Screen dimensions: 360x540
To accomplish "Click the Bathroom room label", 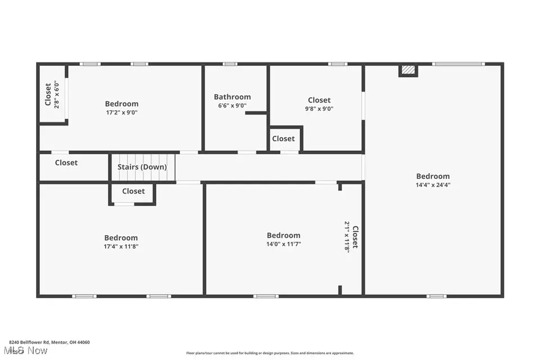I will (232, 97).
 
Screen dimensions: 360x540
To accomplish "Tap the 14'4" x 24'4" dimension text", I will (433, 184).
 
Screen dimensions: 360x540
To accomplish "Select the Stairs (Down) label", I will (142, 167).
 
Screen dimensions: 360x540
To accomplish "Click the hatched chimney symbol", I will (409, 70).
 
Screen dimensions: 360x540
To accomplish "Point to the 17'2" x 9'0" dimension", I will (121, 112).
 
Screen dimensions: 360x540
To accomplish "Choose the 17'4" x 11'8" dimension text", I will (121, 246).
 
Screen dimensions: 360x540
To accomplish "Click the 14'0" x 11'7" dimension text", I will (283, 244).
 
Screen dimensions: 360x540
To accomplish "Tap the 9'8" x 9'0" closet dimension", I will (319, 109).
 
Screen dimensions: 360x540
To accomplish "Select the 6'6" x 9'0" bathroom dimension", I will (232, 106).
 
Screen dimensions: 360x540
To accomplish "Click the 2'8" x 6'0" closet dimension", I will (57, 95).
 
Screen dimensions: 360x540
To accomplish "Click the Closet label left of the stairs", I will (66, 163).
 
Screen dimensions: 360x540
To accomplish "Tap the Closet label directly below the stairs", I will (133, 191).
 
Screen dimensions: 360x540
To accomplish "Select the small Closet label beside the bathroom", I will (283, 138).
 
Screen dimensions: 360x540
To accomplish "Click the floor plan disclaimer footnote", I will (270, 353).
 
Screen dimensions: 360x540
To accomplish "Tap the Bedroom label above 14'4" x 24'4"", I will (433, 176).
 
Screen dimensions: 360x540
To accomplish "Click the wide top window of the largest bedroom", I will (458, 64).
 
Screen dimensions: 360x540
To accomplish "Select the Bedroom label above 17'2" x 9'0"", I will (121, 103).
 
